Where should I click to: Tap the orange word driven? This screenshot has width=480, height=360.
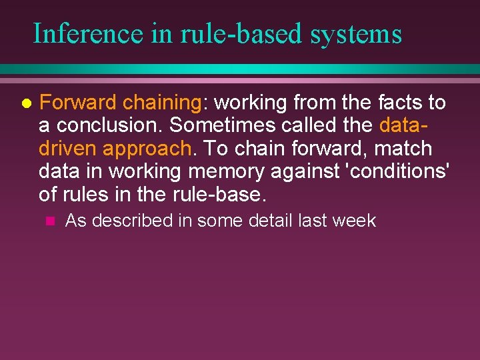tap(68, 148)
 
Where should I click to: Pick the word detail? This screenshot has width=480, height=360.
tap(271, 221)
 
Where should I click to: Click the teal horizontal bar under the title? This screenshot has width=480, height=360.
tap(240, 69)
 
